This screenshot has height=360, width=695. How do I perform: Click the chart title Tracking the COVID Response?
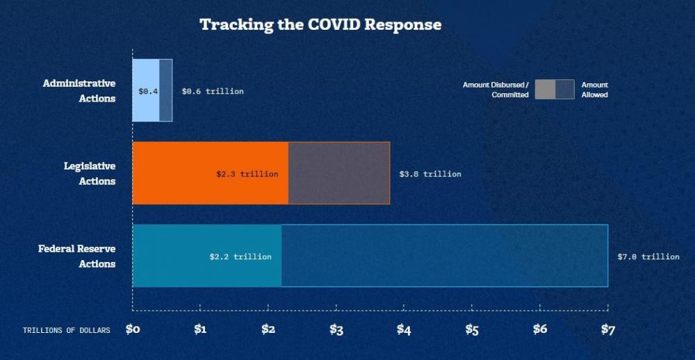320,24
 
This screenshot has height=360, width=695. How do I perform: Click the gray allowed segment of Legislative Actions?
339,173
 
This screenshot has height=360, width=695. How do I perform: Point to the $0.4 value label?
148,91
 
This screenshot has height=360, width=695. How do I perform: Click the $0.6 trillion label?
213,91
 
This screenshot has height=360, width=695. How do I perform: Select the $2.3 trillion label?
247,174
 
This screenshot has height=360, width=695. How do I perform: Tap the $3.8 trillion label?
430,174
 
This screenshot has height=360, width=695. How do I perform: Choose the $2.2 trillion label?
240,256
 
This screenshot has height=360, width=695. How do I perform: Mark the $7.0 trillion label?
648,256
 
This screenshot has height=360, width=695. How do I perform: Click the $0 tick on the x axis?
133,329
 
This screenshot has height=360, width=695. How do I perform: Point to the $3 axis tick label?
336,329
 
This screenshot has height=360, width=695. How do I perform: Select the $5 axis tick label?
472,329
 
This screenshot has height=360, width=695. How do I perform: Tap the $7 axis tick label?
608,329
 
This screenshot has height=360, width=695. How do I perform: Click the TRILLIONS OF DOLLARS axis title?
66,330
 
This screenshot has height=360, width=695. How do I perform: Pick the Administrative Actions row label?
79,90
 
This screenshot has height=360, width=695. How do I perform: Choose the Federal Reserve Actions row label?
76,256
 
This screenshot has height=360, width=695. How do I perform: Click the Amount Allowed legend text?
594,90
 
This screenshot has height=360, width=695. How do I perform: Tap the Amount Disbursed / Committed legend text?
496,90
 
